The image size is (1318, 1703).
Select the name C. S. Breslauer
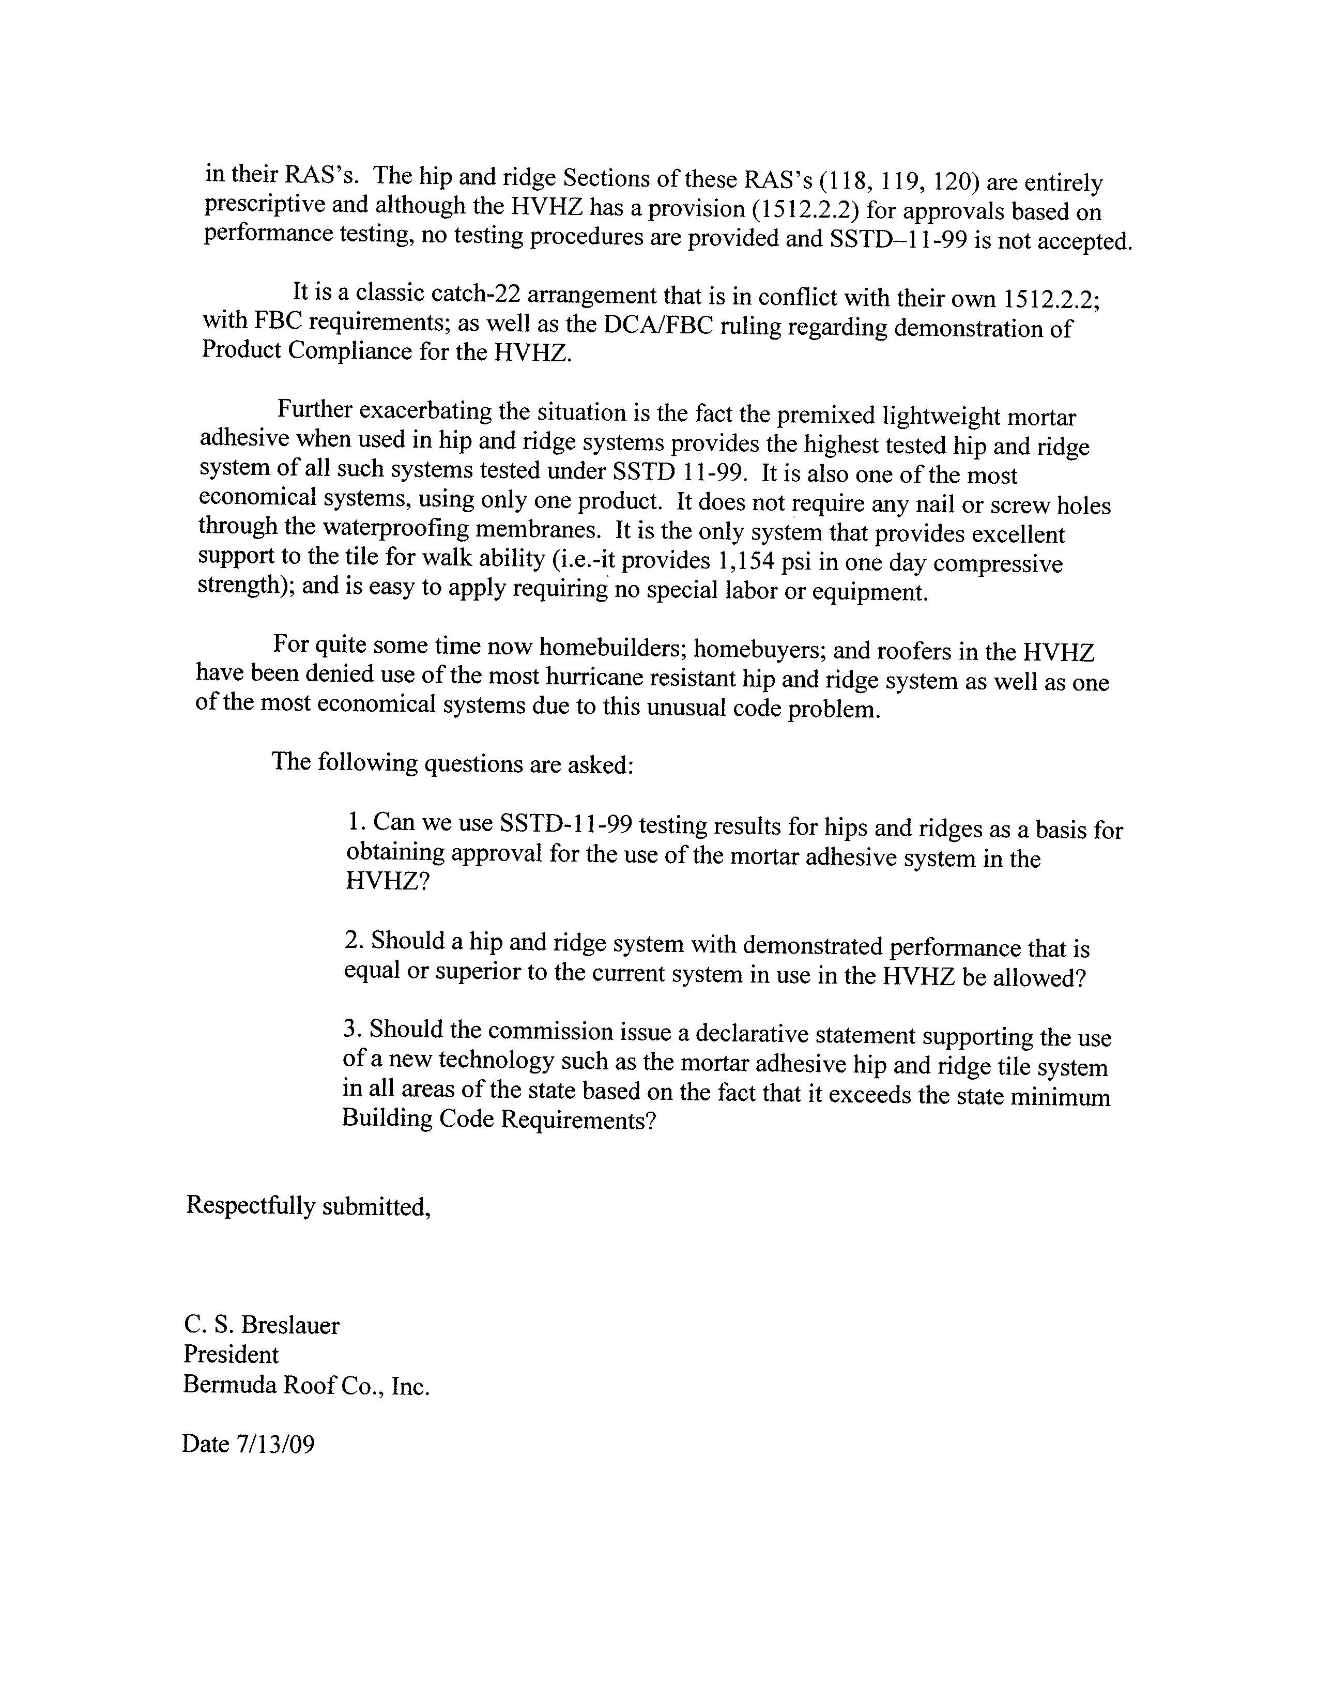(x=261, y=1326)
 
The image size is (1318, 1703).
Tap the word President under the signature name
(x=231, y=1355)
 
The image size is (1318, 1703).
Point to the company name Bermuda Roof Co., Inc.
(x=305, y=1386)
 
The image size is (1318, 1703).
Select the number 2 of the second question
(x=353, y=940)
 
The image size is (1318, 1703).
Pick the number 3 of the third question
(x=351, y=1029)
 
